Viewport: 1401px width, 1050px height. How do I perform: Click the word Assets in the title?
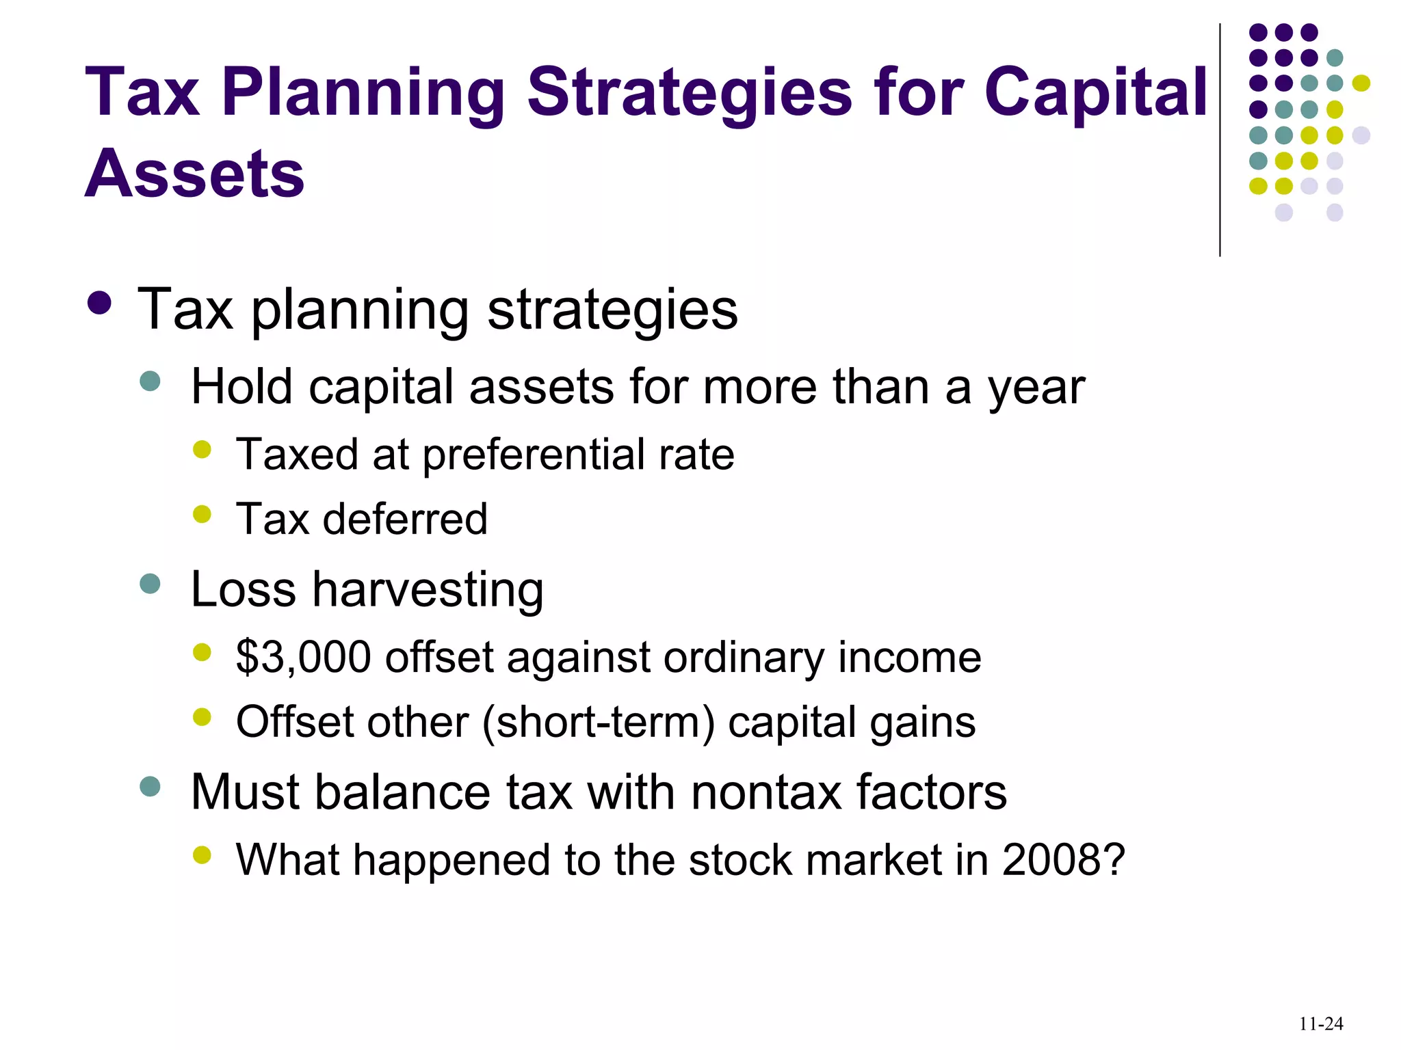point(194,174)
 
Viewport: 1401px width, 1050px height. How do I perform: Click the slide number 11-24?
point(1320,1023)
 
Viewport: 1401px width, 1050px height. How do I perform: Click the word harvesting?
point(428,589)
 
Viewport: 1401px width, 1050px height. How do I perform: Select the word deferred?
point(405,519)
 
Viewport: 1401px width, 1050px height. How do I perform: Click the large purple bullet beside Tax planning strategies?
point(100,303)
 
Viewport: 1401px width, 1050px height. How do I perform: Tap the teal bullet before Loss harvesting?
point(150,584)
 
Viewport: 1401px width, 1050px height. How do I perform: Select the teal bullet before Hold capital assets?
point(150,381)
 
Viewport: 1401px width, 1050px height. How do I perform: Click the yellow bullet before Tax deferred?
point(202,513)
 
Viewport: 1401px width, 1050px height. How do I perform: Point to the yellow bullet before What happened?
point(202,854)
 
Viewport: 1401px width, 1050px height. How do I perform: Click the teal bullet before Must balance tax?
point(150,786)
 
